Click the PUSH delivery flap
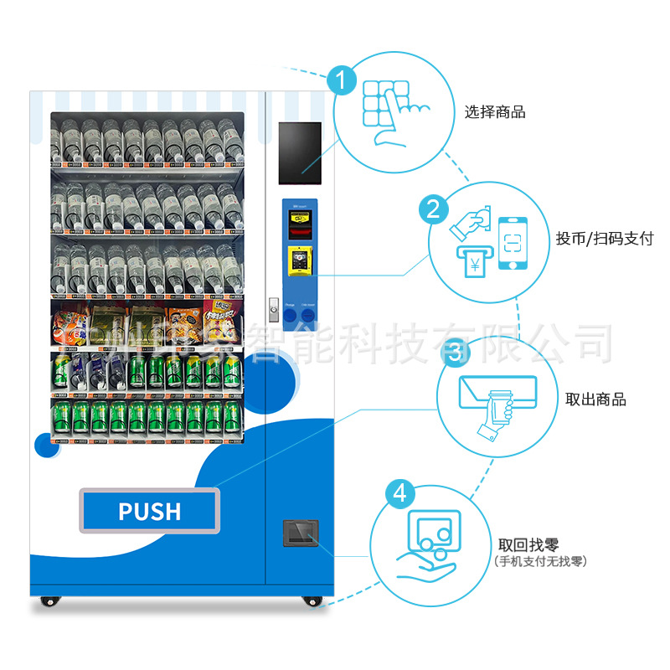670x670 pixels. pyautogui.click(x=149, y=510)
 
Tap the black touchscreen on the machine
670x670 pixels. pyautogui.click(x=298, y=153)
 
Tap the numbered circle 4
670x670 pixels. pyautogui.click(x=399, y=493)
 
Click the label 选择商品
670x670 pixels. pyautogui.click(x=495, y=112)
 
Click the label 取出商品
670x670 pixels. pyautogui.click(x=595, y=399)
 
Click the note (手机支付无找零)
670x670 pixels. pyautogui.click(x=540, y=561)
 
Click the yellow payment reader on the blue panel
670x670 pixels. pyautogui.click(x=297, y=261)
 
